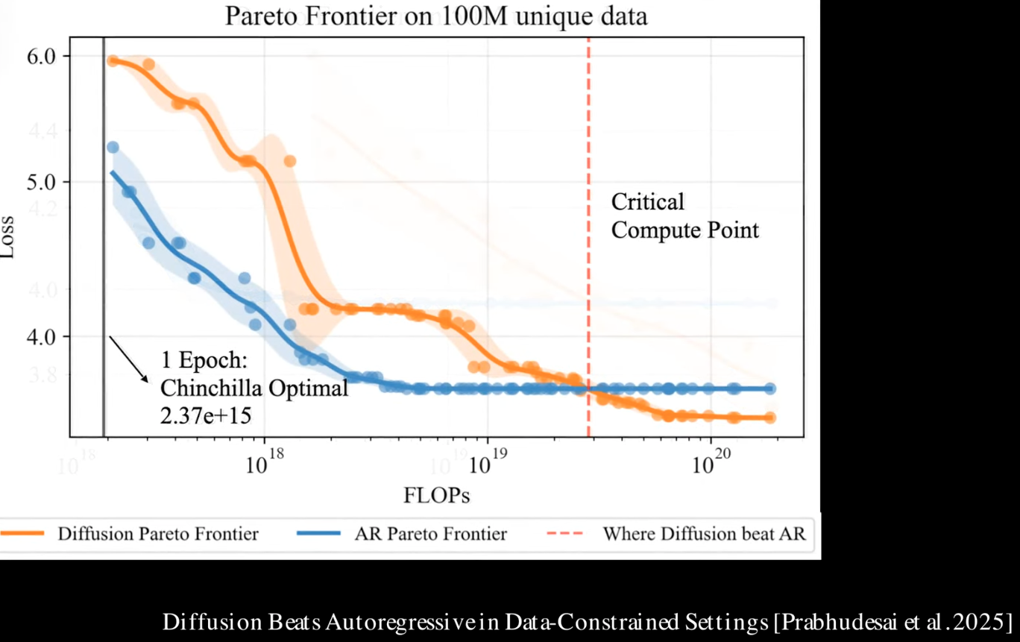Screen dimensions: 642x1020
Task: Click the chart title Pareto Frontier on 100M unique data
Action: pos(436,16)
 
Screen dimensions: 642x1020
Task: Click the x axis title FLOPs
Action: pos(436,495)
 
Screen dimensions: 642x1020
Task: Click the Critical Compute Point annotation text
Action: pos(684,215)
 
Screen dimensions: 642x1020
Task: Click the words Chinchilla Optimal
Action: pos(254,388)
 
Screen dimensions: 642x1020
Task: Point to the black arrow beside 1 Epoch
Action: pos(129,359)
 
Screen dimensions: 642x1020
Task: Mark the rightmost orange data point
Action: pos(769,418)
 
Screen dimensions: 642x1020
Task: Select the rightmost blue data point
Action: pos(769,388)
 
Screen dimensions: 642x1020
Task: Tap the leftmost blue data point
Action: pos(113,148)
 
